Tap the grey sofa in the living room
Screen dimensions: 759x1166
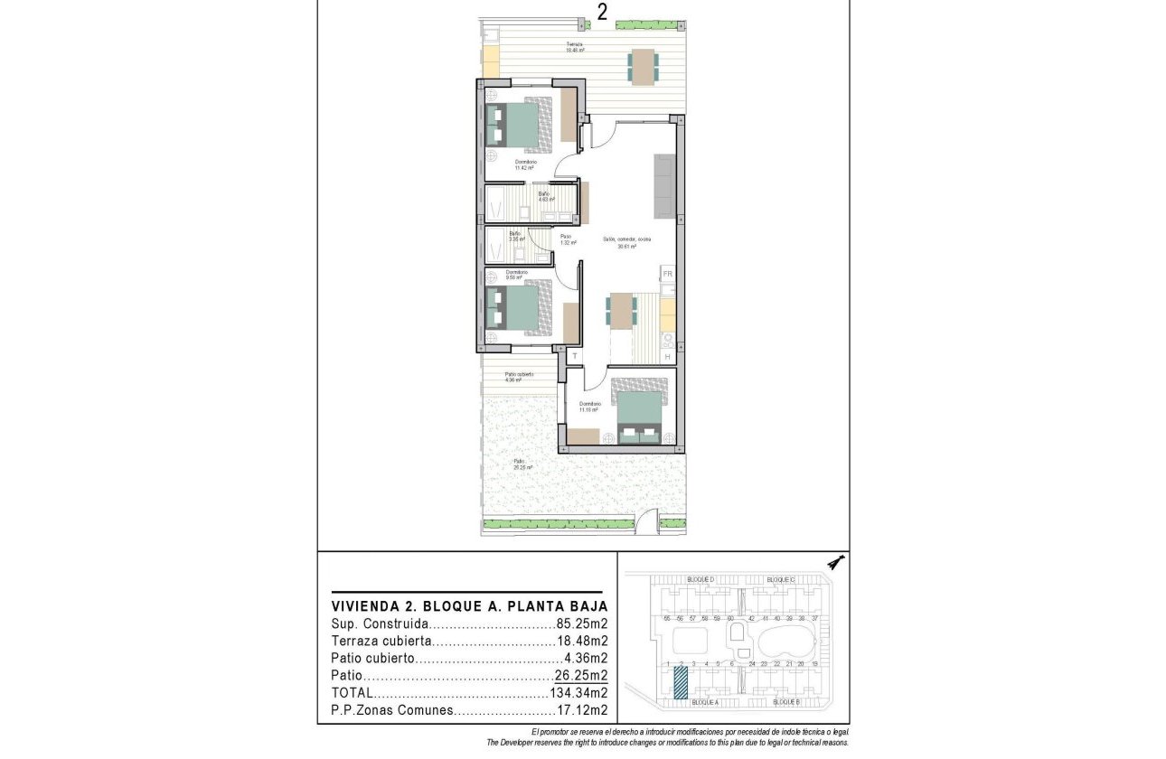664,185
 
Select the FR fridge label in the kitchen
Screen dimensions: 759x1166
668,273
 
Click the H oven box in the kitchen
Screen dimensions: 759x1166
668,358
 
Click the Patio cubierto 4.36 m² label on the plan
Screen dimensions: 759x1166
519,377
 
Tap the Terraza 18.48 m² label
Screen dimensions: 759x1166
574,47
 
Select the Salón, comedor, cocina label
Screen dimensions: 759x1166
627,242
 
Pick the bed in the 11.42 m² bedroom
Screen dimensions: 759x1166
518,125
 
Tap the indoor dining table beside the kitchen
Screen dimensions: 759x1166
621,313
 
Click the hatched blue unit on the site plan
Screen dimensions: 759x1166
681,683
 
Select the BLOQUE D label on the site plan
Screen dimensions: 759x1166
701,579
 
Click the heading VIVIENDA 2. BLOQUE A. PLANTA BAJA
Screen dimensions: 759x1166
469,606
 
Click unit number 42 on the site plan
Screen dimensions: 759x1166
752,618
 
